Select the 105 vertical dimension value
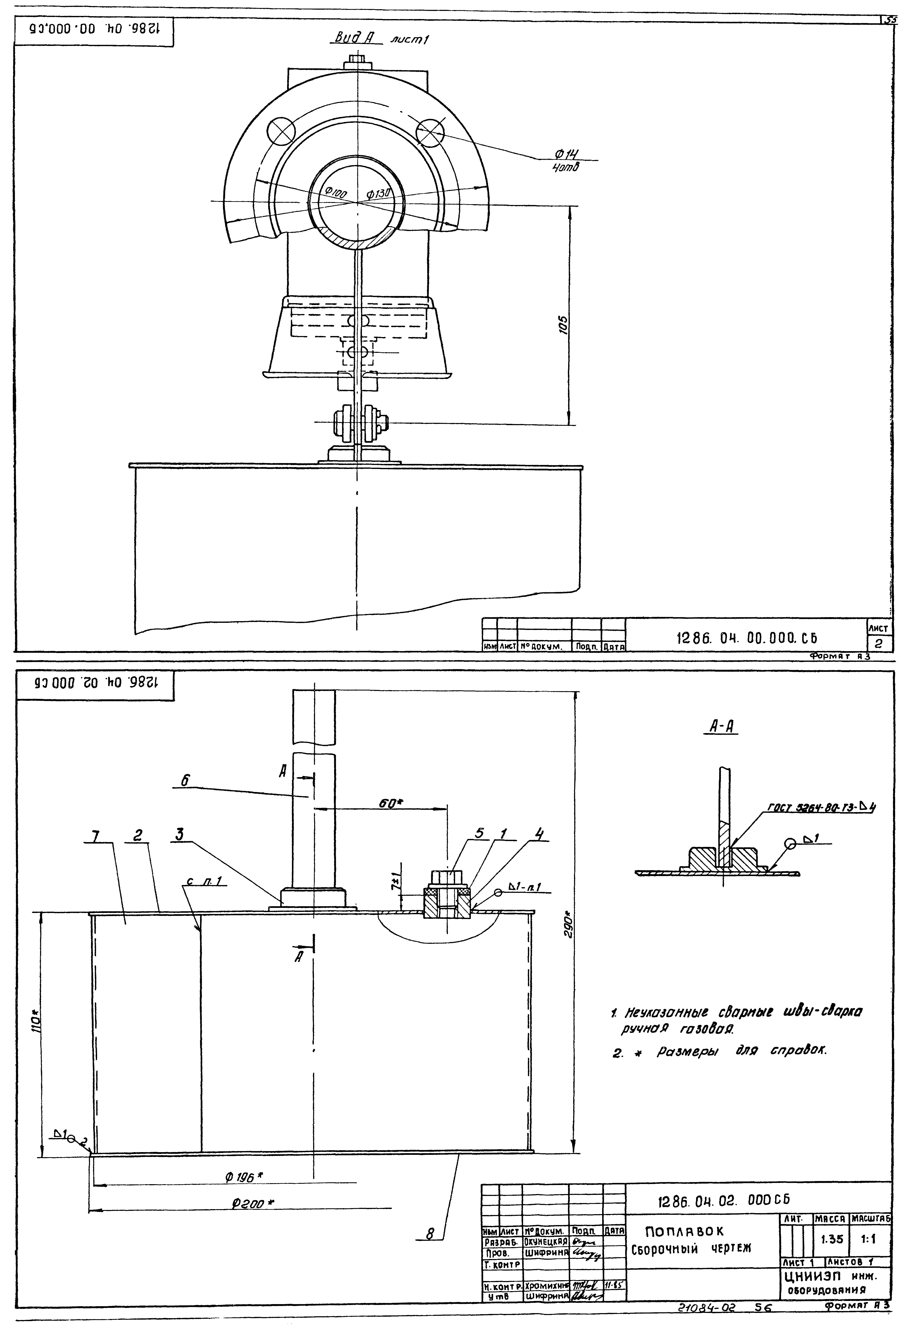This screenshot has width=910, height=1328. (x=563, y=325)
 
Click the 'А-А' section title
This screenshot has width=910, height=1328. (x=722, y=726)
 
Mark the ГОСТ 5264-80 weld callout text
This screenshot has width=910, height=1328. (x=821, y=807)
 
